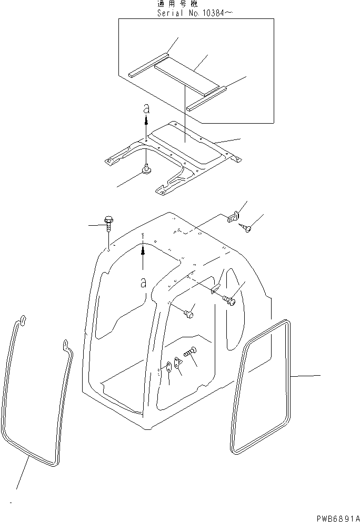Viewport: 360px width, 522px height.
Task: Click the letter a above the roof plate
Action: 147,109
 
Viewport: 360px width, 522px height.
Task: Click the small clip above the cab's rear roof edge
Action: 233,217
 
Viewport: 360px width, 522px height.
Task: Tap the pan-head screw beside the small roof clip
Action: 248,228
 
